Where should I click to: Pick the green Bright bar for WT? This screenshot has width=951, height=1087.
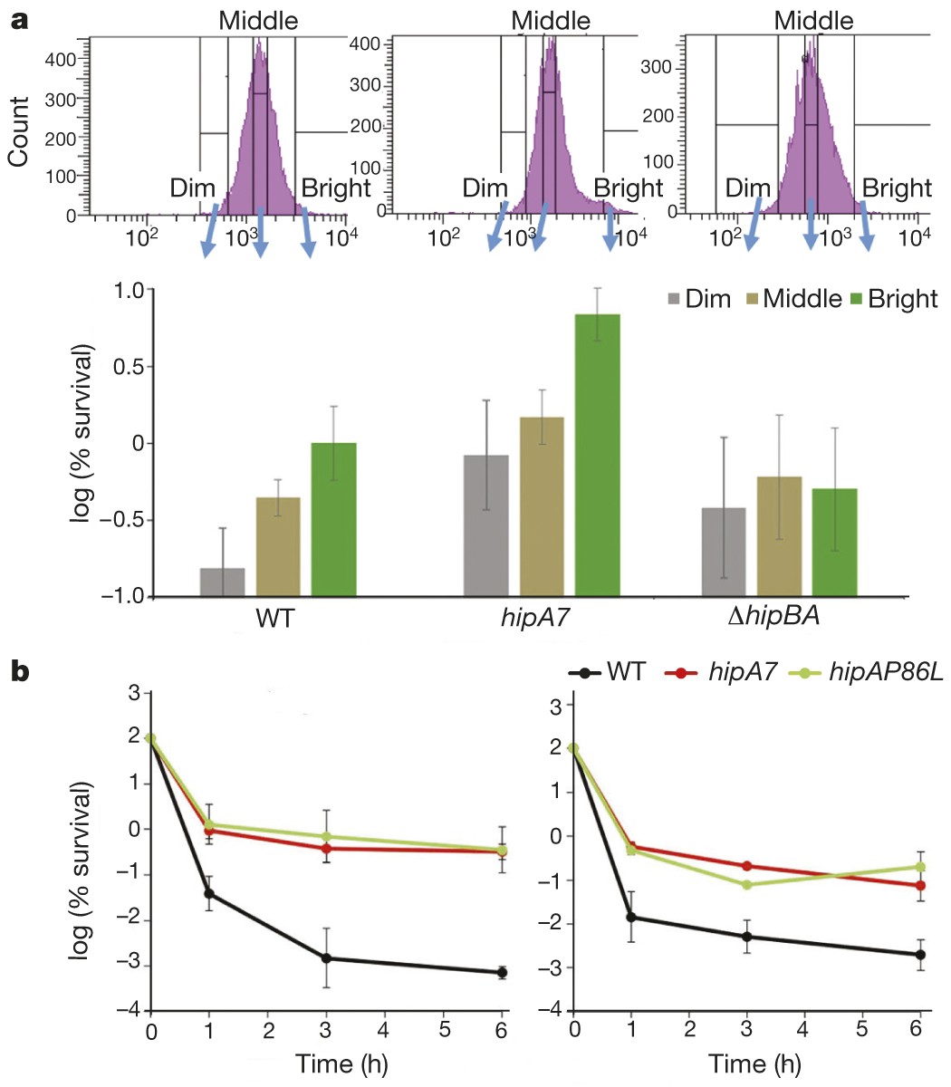coord(334,520)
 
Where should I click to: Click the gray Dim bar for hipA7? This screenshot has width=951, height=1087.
coord(486,525)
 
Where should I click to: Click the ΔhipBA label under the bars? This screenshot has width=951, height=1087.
coord(783,620)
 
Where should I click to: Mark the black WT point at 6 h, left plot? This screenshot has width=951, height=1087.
coord(502,972)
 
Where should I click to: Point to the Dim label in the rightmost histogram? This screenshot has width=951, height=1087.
coord(748,188)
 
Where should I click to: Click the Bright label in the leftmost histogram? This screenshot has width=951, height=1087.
coord(336,188)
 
